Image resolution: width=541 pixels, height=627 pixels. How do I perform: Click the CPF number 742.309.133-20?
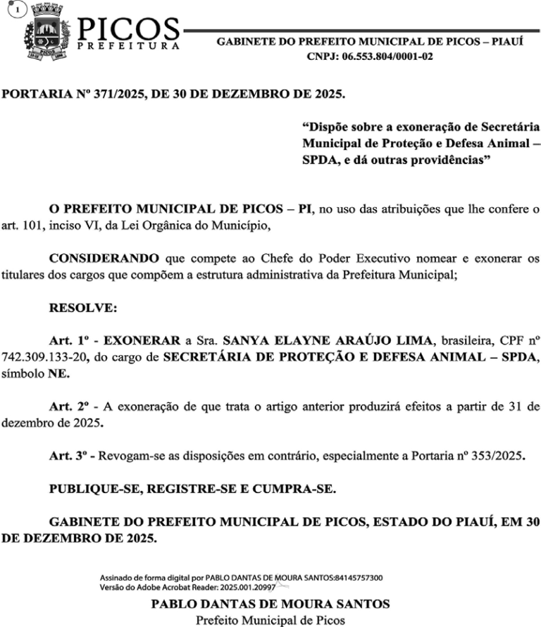[43, 357]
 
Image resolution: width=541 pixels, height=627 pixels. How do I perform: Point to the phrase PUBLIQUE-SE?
[90, 489]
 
